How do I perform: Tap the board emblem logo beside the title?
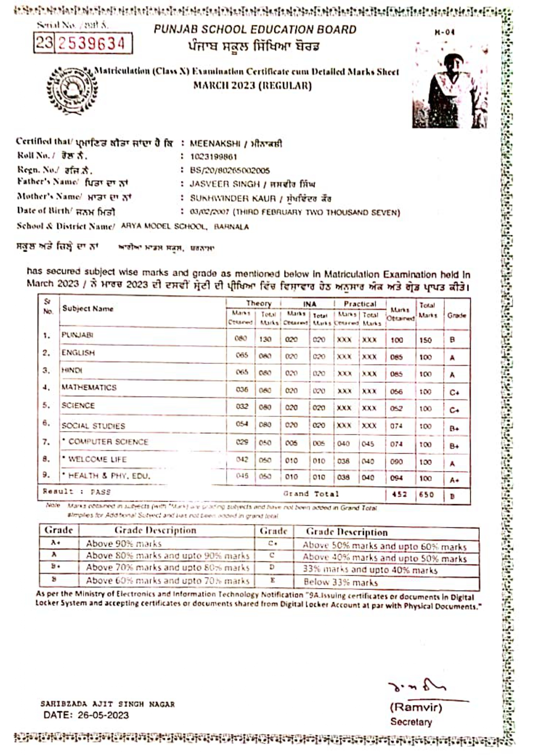[x=72, y=90]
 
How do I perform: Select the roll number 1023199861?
[x=213, y=157]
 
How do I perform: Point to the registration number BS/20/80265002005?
[x=230, y=170]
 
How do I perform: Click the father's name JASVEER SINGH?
[x=225, y=184]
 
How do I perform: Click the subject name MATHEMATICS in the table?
[x=89, y=387]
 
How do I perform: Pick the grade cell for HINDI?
[x=452, y=375]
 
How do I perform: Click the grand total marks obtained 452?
[x=399, y=494]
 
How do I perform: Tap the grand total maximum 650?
[x=426, y=494]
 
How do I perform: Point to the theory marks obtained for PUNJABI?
[x=241, y=339]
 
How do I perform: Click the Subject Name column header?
[x=88, y=308]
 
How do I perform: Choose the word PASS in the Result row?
[x=101, y=492]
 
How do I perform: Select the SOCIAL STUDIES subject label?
[x=93, y=426]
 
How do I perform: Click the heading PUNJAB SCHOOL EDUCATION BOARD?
[x=255, y=30]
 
